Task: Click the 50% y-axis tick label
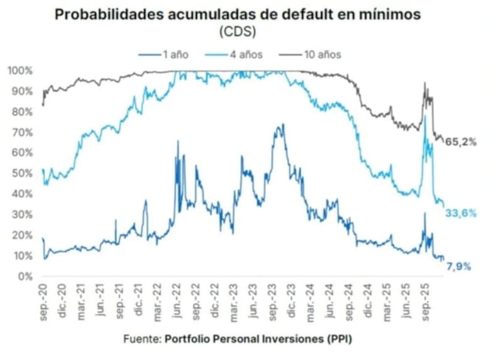pyautogui.click(x=23, y=174)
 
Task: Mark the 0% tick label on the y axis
pyautogui.click(x=25, y=276)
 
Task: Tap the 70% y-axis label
pyautogui.click(x=23, y=132)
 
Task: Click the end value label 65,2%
pyautogui.click(x=461, y=142)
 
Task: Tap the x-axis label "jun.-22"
pyautogui.click(x=177, y=301)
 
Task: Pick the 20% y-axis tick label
pyautogui.click(x=23, y=235)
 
